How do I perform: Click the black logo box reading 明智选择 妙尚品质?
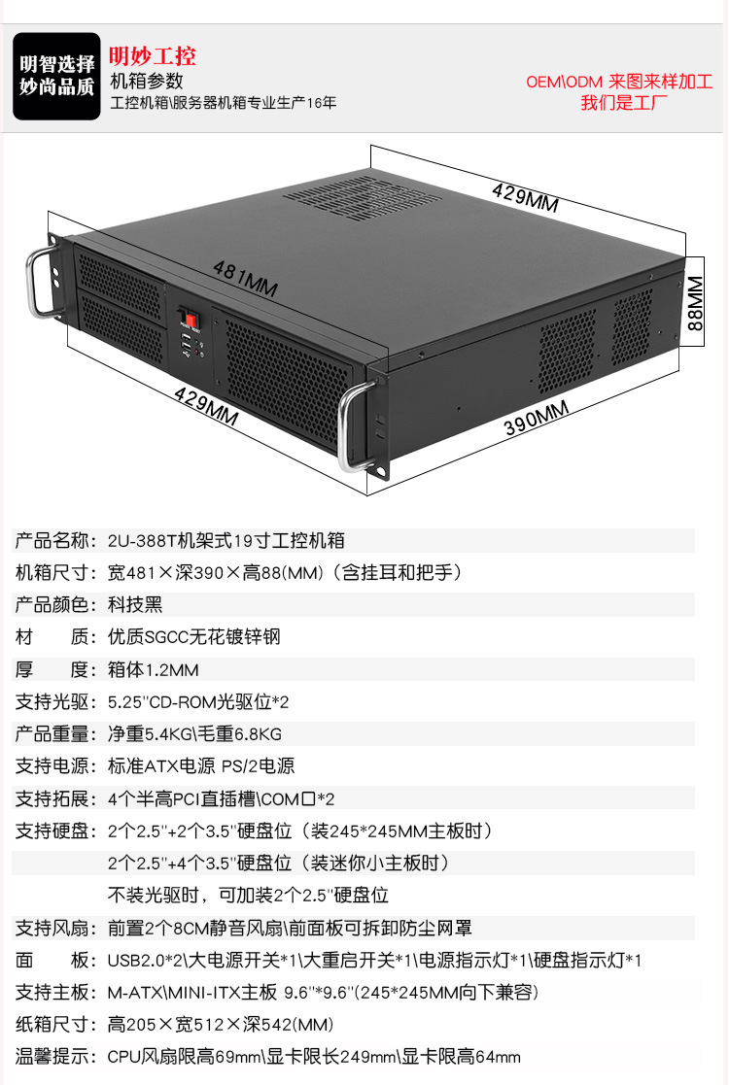[x=56, y=76]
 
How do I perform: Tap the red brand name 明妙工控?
[x=153, y=56]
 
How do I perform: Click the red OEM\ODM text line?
[x=619, y=82]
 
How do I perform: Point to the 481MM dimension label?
[x=245, y=278]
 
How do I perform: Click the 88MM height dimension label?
[x=695, y=302]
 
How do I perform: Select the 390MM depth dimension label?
[x=537, y=418]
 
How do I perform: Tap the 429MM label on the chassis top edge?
[x=525, y=196]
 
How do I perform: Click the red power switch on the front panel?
[x=191, y=321]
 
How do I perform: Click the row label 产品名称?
[x=52, y=540]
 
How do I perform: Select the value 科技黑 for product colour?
[x=135, y=605]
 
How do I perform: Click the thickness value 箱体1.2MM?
[x=153, y=670]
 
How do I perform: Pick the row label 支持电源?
[x=52, y=766]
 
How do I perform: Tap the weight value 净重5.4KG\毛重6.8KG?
[x=194, y=734]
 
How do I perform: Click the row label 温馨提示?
[x=52, y=1057]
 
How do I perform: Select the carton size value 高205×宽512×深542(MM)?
[x=221, y=1025]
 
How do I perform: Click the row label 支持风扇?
[x=52, y=928]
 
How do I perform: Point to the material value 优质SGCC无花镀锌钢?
[x=193, y=636]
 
